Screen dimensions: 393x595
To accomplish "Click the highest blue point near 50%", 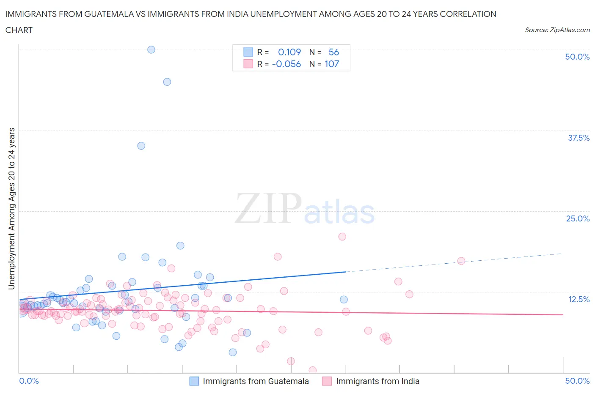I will (x=151, y=49).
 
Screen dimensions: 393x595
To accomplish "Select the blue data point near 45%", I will (x=167, y=82).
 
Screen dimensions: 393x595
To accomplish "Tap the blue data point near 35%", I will (x=141, y=146).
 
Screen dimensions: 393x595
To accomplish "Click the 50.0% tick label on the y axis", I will (x=577, y=57).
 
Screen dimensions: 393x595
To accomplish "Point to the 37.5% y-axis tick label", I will (x=578, y=138).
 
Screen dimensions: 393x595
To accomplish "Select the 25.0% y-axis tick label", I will (x=577, y=218).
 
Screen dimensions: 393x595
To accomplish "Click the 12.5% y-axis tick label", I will (x=578, y=299).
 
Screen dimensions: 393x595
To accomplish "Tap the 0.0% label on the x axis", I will (x=29, y=381).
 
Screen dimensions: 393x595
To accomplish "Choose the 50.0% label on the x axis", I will (x=577, y=381).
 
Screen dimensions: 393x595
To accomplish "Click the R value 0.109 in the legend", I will (x=289, y=52).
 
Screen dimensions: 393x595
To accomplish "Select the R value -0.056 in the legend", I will (x=286, y=64).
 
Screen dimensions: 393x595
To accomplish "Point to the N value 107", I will (x=332, y=64).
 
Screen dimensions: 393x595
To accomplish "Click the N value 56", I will (x=334, y=52).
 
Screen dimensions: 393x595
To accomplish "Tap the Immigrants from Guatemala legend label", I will (x=256, y=381).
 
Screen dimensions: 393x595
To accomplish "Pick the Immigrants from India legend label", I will (x=377, y=381).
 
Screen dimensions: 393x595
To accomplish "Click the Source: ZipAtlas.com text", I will (x=557, y=30).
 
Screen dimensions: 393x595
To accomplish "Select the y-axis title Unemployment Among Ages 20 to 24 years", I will (x=11, y=209).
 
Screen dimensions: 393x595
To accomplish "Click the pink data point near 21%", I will (x=342, y=237).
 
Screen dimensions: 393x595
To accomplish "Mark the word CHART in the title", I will (x=19, y=30).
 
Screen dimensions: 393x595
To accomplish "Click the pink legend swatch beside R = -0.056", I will (x=248, y=64).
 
